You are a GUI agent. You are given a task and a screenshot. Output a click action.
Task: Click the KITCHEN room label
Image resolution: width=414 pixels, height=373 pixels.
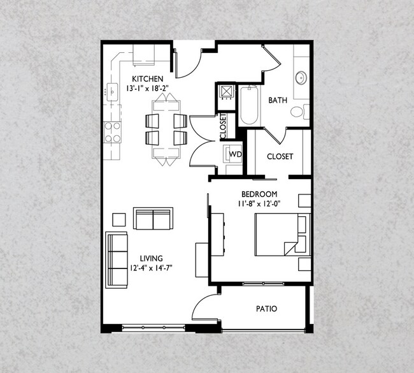pyautogui.click(x=148, y=79)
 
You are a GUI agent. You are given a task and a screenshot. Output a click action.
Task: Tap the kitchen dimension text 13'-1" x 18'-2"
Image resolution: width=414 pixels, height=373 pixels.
pyautogui.click(x=147, y=88)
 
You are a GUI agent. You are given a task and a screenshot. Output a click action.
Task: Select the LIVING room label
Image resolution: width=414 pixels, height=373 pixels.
pyautogui.click(x=152, y=258)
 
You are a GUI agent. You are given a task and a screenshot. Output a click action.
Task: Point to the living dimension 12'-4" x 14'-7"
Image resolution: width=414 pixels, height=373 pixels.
pyautogui.click(x=151, y=268)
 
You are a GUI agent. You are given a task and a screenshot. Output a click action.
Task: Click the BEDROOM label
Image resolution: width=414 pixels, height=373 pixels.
pyautogui.click(x=259, y=194)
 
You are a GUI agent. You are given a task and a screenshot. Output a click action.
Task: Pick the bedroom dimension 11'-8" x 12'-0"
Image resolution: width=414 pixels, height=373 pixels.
pyautogui.click(x=259, y=204)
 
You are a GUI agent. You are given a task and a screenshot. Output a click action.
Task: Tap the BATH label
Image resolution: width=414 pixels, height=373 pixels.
pyautogui.click(x=278, y=100)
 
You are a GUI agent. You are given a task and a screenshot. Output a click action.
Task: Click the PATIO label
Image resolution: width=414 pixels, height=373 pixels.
pyautogui.click(x=267, y=309)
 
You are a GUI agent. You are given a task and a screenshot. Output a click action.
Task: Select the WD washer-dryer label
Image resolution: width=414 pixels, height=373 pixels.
pyautogui.click(x=235, y=154)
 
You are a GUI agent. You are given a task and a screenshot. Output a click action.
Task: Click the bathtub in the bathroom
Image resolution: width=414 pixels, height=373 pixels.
pyautogui.click(x=249, y=105)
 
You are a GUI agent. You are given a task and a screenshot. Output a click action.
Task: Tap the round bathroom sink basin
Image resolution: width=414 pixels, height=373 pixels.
pyautogui.click(x=301, y=78)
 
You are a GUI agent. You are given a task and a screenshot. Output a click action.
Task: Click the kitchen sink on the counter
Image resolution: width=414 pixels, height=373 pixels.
pyautogui.click(x=112, y=92)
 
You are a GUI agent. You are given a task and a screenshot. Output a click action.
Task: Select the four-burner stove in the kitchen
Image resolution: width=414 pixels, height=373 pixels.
pyautogui.click(x=113, y=132)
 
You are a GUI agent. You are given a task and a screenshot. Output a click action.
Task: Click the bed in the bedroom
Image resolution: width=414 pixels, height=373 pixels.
pyautogui.click(x=283, y=235)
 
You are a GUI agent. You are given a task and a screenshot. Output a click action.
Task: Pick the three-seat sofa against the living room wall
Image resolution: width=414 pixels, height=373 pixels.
pyautogui.click(x=117, y=260)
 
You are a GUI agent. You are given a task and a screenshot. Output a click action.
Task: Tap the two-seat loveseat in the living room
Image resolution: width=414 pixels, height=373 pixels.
pyautogui.click(x=153, y=218)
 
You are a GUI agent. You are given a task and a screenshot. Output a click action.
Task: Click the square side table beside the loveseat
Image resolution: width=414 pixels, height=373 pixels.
pyautogui.click(x=119, y=220)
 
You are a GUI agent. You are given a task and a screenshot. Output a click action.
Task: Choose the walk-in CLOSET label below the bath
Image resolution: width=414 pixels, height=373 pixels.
pyautogui.click(x=280, y=156)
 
